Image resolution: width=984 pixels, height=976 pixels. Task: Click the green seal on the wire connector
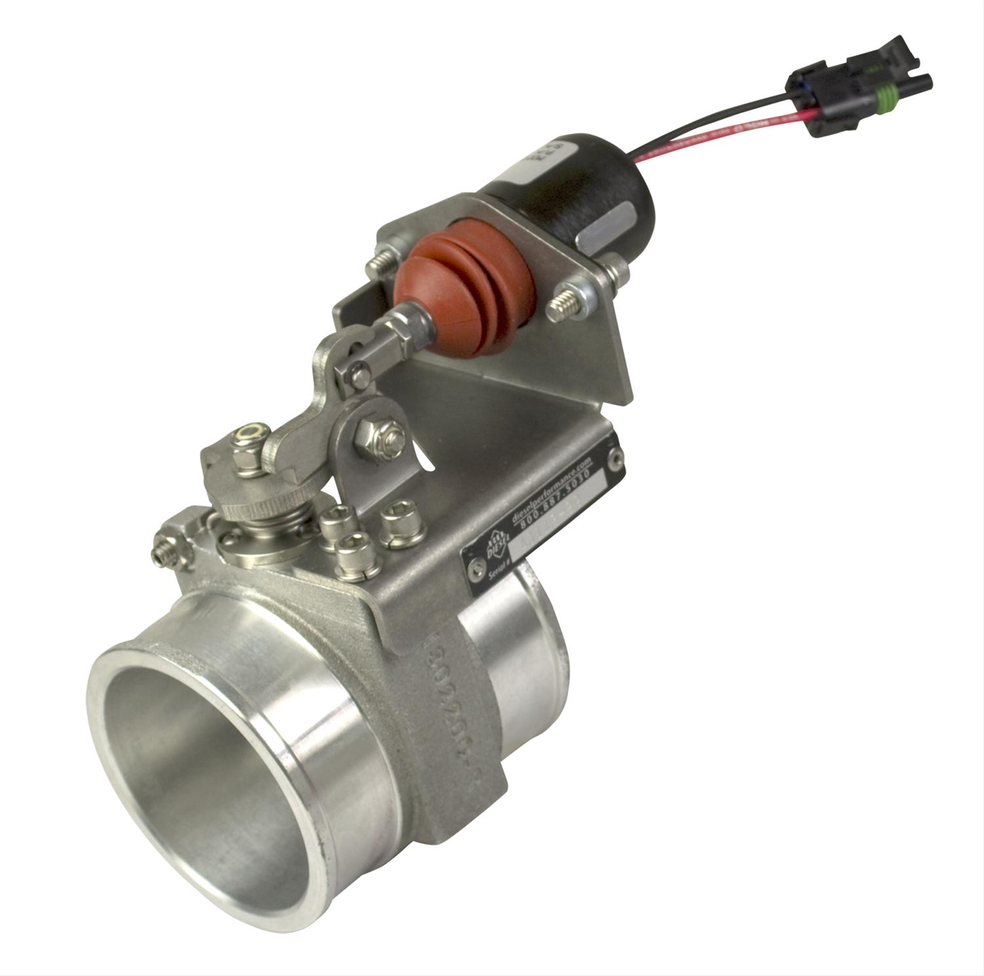coord(883,102)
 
